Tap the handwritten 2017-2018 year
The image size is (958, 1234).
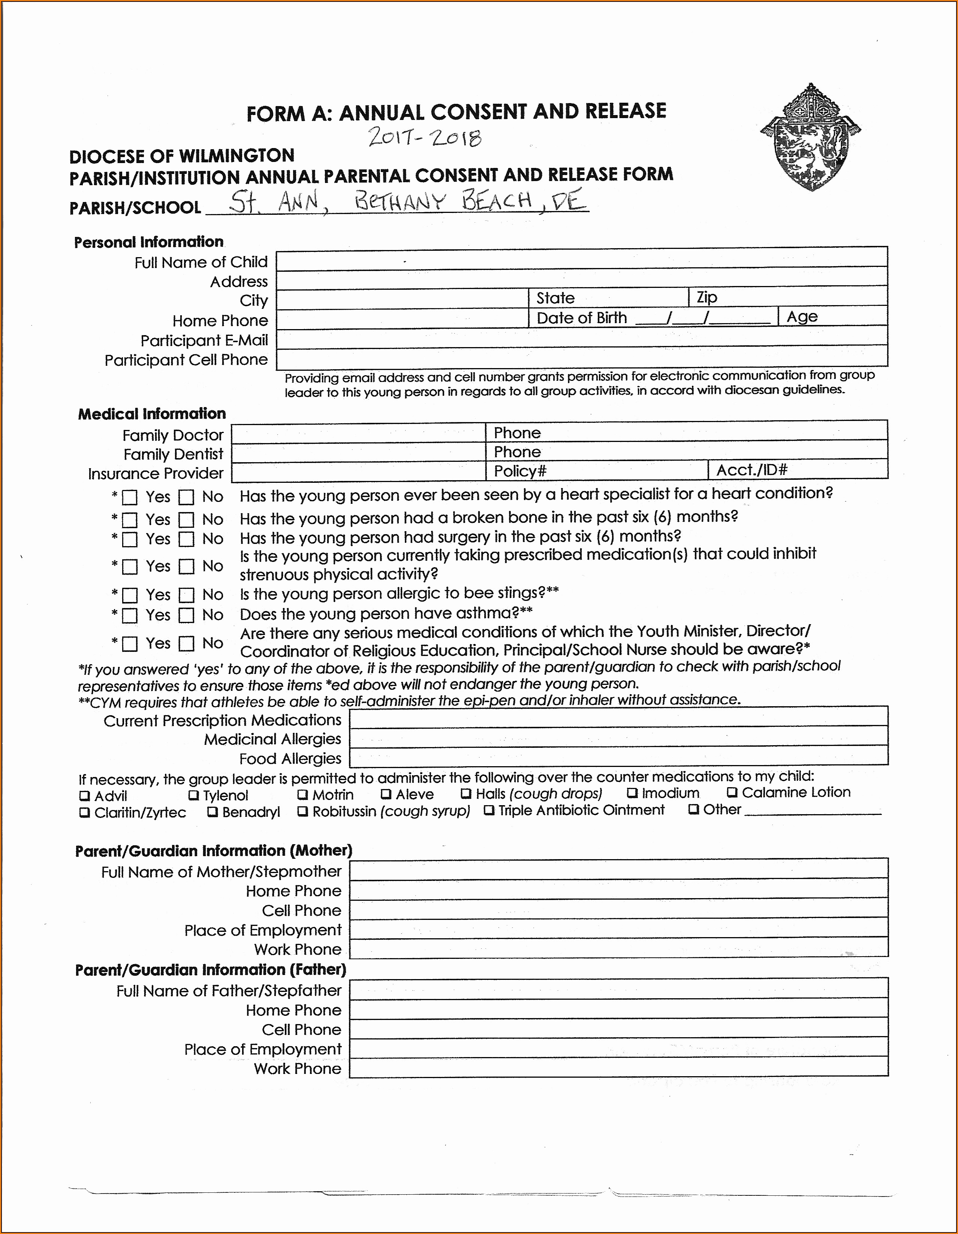click(x=424, y=137)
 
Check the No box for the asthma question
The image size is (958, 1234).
click(x=186, y=615)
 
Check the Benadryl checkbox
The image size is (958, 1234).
click(x=213, y=812)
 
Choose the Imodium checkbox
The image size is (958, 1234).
click(x=633, y=793)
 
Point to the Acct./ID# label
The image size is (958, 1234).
click(x=751, y=470)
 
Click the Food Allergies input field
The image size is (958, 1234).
click(x=618, y=757)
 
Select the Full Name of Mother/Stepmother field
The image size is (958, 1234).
click(x=618, y=871)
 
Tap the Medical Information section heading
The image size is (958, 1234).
click(x=151, y=414)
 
